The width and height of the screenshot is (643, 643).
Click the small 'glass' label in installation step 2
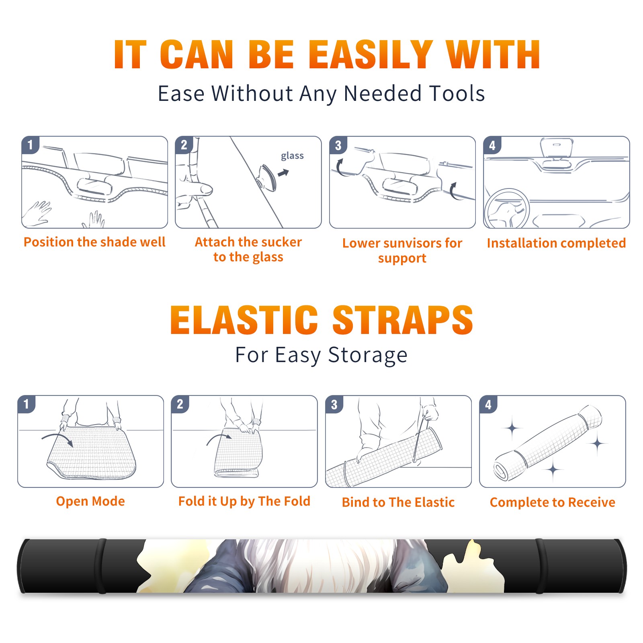click(x=292, y=156)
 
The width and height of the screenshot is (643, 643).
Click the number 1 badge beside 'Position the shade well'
click(x=31, y=145)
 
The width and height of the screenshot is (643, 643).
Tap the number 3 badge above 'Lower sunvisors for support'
click(x=338, y=145)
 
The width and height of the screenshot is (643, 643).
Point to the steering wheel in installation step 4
click(x=507, y=209)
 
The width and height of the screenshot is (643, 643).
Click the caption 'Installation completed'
click(x=556, y=243)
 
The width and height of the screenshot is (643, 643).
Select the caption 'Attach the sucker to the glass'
click(x=248, y=250)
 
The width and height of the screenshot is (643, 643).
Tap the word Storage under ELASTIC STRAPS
click(x=368, y=356)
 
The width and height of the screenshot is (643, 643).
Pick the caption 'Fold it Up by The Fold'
click(x=244, y=502)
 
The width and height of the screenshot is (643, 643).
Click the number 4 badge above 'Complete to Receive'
click(x=488, y=404)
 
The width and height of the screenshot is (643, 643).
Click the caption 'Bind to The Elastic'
click(x=398, y=502)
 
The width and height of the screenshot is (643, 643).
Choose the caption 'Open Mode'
click(x=90, y=502)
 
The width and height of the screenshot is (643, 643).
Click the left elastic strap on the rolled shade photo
click(x=102, y=566)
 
